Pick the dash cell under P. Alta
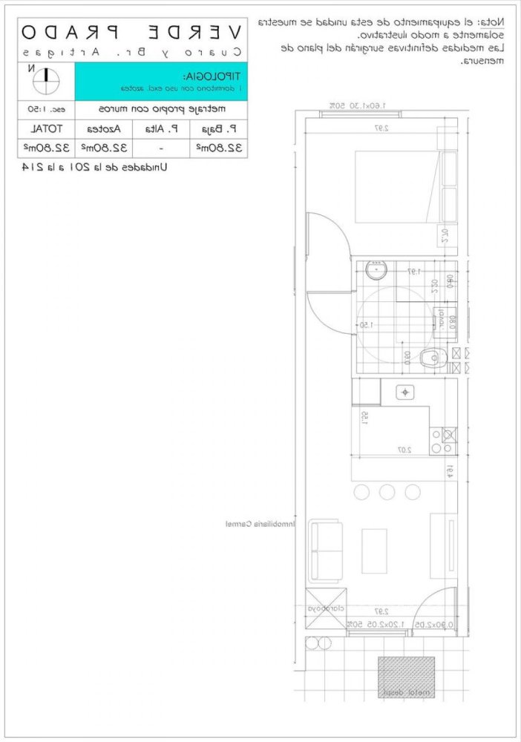coord(160,148)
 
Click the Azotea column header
coord(104,128)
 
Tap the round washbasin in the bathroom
coord(376,269)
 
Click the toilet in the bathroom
coord(431,358)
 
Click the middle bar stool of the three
coord(387,491)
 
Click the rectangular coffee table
coord(373,550)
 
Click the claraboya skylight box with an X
coord(326,608)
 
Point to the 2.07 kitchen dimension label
coord(404,450)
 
